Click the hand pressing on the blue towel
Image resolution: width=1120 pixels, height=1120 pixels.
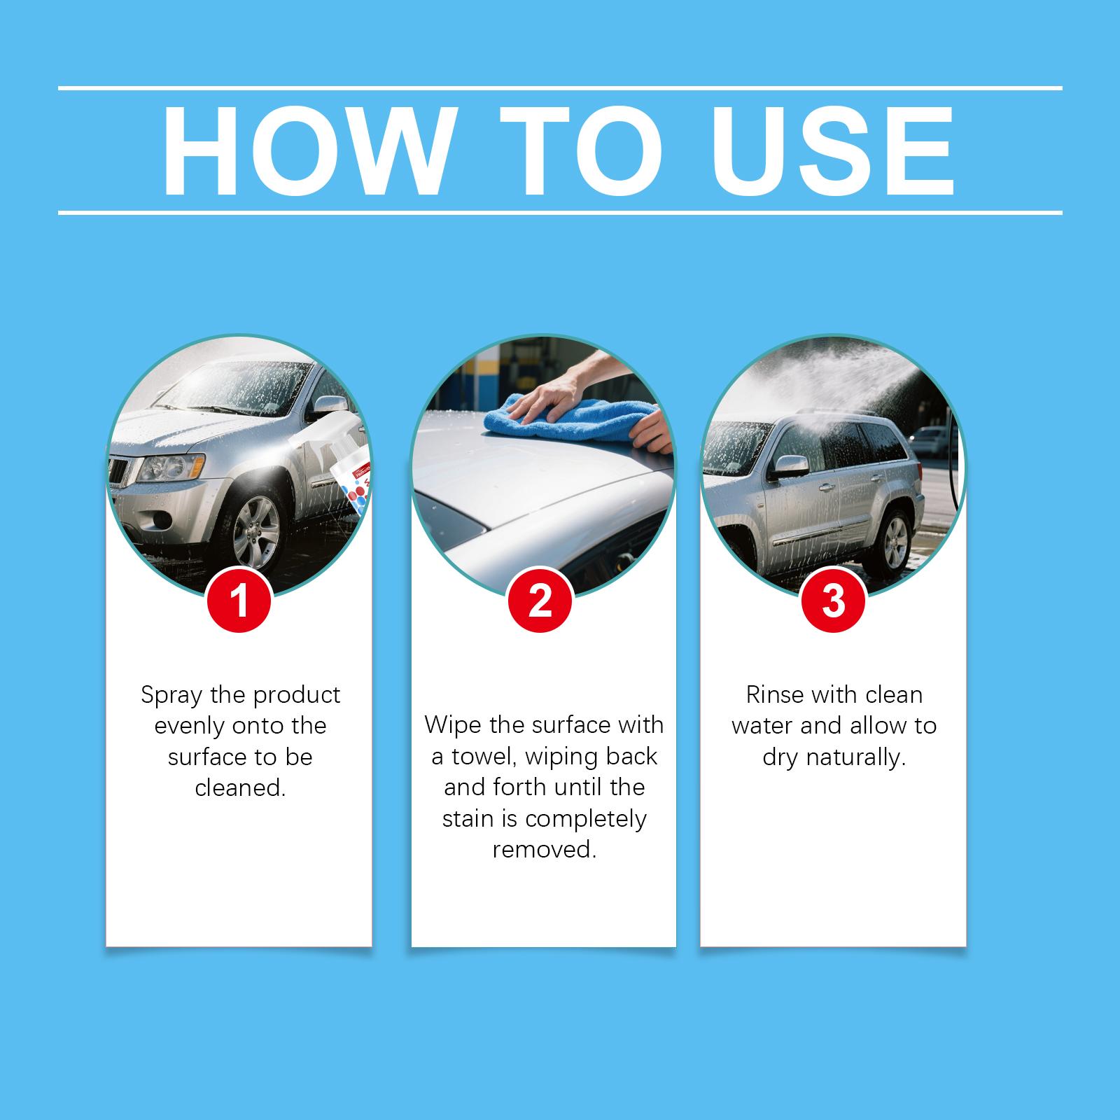point(567,392)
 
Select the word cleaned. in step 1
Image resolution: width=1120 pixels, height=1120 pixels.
point(240,788)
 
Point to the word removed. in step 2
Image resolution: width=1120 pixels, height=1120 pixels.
point(545,850)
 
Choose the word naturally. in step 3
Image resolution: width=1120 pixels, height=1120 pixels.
point(856,758)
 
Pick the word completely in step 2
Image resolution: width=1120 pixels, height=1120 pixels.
point(586,820)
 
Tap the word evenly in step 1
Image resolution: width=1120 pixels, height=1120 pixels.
point(189,727)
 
